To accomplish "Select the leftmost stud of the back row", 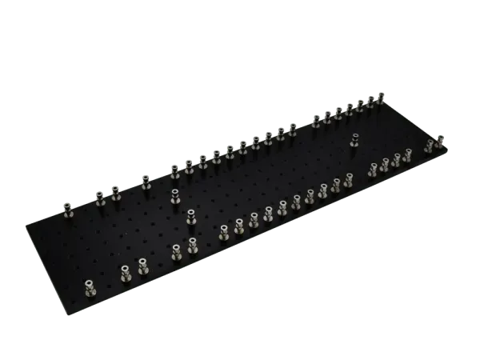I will point(70,209).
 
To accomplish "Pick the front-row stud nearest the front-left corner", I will point(88,284).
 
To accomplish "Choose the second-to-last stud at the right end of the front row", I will point(430,147).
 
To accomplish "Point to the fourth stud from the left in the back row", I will point(146,183).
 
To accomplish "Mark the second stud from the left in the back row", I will point(101,198).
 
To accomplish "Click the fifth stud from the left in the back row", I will point(173,170).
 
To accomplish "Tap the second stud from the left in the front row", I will point(126,274).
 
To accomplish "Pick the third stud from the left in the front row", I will point(143,265).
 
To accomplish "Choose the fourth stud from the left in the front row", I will point(177,253).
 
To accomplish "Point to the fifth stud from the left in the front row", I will point(193,246).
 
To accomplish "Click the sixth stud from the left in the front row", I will point(223,234).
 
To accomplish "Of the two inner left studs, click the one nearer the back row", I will point(174,198).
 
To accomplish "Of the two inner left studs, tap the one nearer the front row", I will point(190,216).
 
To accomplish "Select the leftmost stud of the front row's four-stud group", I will point(372,170).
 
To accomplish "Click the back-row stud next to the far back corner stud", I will point(370,103).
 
